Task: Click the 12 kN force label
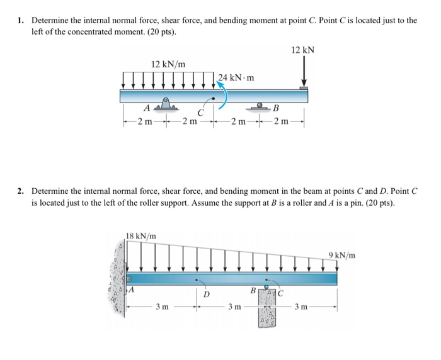(302, 50)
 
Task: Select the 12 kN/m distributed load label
(168, 64)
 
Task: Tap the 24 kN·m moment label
(237, 78)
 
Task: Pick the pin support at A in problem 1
(165, 104)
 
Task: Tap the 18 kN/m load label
(141, 236)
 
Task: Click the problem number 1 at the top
(20, 21)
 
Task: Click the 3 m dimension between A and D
(162, 307)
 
